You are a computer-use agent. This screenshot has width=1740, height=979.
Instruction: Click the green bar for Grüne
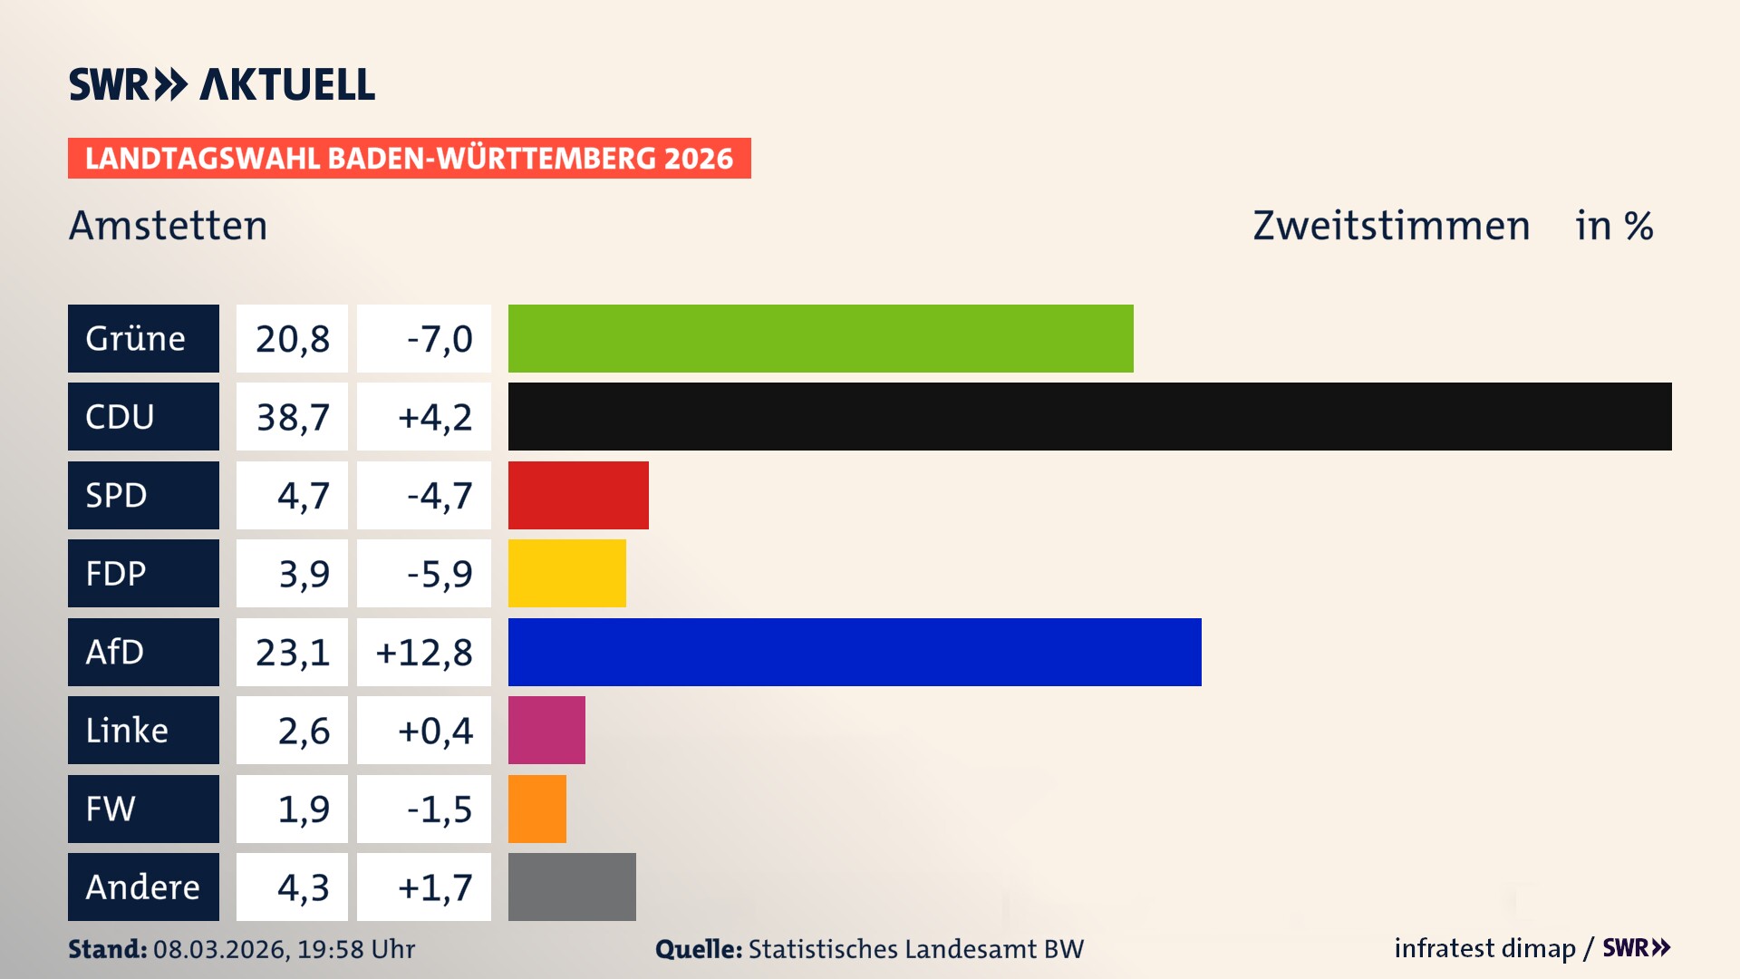820,338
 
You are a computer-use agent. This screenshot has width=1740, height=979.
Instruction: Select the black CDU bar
1089,416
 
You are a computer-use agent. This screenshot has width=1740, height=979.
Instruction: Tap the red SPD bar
578,495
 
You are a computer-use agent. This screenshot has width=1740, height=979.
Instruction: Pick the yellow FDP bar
566,573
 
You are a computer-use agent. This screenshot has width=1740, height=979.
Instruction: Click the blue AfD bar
855,652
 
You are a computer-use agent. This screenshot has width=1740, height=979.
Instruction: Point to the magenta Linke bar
546,730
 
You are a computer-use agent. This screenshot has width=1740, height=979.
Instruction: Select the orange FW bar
536,809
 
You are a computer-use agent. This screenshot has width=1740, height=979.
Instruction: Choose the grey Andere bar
572,887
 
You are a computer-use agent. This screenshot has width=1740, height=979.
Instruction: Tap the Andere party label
143,887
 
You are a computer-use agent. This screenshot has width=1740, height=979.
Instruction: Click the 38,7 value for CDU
292,417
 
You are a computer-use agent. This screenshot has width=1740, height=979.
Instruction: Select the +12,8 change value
424,653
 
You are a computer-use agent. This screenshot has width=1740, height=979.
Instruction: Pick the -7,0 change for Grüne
439,339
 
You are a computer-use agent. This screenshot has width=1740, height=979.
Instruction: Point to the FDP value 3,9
304,574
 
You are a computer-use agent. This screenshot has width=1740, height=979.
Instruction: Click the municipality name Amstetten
169,226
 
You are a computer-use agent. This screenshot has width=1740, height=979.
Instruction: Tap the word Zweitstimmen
1391,226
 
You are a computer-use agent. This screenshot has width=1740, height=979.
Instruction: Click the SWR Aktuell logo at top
222,84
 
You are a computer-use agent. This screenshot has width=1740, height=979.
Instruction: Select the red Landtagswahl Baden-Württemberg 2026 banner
409,159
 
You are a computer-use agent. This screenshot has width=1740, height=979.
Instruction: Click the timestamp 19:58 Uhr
355,949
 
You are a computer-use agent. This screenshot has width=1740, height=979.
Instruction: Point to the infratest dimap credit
1484,948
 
